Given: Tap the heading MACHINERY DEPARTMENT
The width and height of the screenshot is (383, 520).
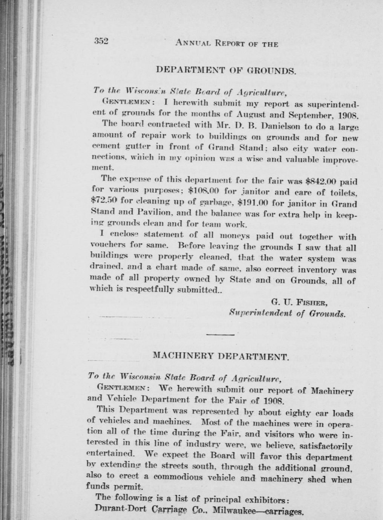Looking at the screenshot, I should (221, 356).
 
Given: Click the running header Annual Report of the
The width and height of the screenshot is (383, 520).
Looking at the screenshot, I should (227, 44).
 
